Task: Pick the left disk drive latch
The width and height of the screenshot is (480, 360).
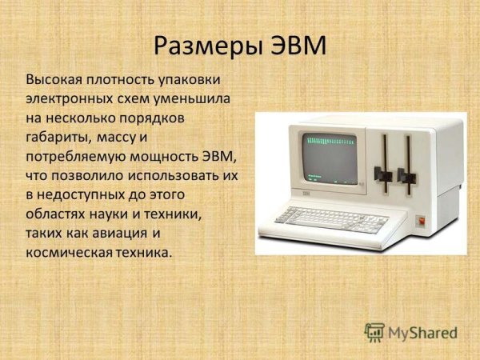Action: pyautogui.click(x=386, y=174)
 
